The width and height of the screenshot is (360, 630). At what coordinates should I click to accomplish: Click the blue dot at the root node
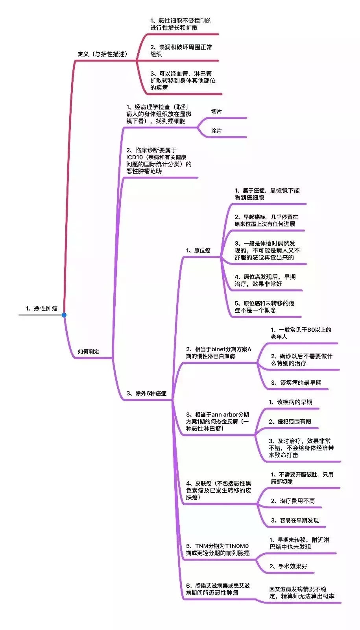pyautogui.click(x=64, y=315)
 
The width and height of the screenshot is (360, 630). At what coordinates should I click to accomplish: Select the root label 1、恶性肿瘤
pyautogui.click(x=42, y=308)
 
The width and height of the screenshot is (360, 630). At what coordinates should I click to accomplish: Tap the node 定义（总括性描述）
pyautogui.click(x=103, y=54)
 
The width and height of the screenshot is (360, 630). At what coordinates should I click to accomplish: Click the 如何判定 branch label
pyautogui.click(x=89, y=351)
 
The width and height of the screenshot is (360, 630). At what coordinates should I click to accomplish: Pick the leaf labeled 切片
pyautogui.click(x=216, y=111)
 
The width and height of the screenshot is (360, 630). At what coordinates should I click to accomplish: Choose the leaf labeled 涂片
pyautogui.click(x=216, y=130)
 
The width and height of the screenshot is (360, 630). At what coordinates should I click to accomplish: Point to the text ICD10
pyautogui.click(x=134, y=157)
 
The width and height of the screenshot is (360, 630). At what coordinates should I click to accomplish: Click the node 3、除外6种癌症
pyautogui.click(x=146, y=393)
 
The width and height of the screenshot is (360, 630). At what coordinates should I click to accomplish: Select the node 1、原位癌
pyautogui.click(x=198, y=250)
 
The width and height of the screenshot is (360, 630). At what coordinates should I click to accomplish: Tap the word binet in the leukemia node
pyautogui.click(x=219, y=349)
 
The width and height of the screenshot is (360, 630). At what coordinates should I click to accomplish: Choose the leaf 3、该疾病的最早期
pyautogui.click(x=296, y=382)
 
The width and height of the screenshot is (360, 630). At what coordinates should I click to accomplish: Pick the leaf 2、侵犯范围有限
pyautogui.click(x=290, y=421)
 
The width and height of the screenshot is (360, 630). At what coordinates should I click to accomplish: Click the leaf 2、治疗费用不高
pyautogui.click(x=293, y=500)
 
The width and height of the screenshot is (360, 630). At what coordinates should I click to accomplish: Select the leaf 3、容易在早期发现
pyautogui.click(x=295, y=520)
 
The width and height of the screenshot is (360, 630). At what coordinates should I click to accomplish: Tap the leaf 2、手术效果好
pyautogui.click(x=288, y=566)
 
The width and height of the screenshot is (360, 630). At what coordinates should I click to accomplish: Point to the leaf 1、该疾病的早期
pyautogui.click(x=291, y=402)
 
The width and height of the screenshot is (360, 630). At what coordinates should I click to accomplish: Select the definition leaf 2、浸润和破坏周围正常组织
pyautogui.click(x=181, y=50)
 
